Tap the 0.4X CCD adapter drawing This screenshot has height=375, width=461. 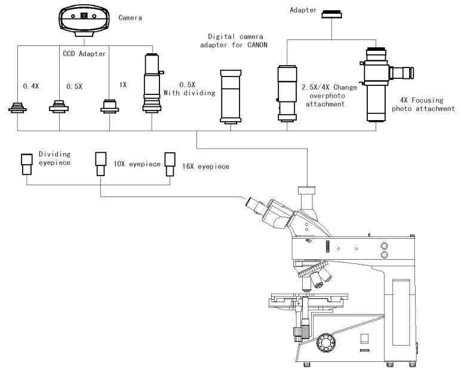pyautogui.click(x=18, y=107)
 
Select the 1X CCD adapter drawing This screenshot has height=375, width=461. pyautogui.click(x=110, y=106)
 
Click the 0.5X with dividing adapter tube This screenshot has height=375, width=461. pyautogui.click(x=152, y=82)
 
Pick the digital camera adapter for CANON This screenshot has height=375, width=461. pyautogui.click(x=230, y=96)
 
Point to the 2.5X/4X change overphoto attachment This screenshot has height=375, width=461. pyautogui.click(x=287, y=93)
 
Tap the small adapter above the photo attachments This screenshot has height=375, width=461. pyautogui.click(x=331, y=14)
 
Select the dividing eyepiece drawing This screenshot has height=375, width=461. pyautogui.click(x=27, y=164)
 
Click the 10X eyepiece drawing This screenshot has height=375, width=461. pyautogui.click(x=100, y=164)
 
